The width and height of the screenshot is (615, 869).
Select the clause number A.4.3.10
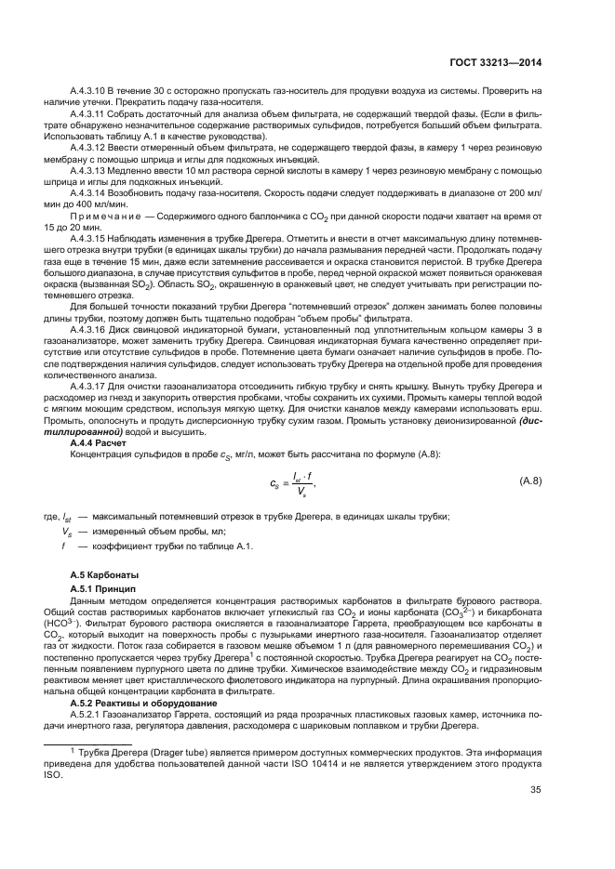point(90,89)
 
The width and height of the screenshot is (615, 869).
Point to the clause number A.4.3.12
point(90,145)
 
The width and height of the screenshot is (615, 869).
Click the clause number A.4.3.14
point(90,191)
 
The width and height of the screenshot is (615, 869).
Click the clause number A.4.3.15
point(90,238)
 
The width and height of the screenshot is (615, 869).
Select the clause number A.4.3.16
point(90,331)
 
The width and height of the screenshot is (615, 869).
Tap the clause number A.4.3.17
point(90,387)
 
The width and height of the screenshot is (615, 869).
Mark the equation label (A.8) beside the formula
point(529,481)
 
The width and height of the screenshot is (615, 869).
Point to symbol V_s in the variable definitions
point(67,531)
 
